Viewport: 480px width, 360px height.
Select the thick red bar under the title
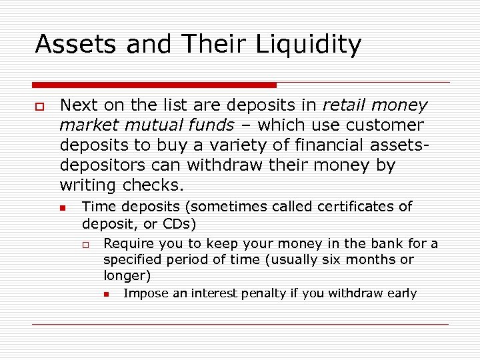pyautogui.click(x=154, y=85)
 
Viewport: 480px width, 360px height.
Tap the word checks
pyautogui.click(x=157, y=185)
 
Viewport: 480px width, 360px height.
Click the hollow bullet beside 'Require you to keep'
pyautogui.click(x=86, y=245)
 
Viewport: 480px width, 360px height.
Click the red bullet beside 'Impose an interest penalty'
pyautogui.click(x=107, y=295)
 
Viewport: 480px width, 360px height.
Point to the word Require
pyautogui.click(x=128, y=244)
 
